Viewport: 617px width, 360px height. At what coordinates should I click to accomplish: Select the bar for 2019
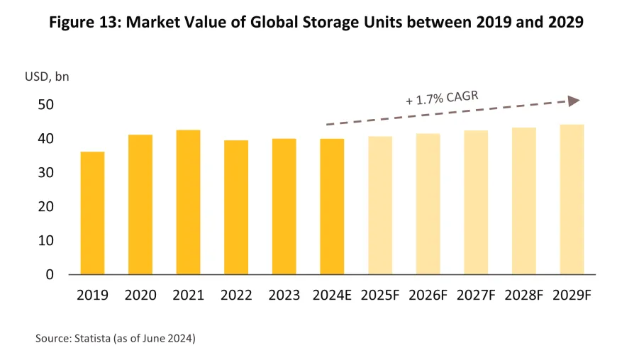pos(92,213)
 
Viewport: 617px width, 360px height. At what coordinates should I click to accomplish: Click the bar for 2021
pos(188,202)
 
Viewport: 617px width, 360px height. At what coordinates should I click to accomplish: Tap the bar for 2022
pos(236,207)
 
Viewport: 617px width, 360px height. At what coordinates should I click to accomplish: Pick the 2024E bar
pos(332,206)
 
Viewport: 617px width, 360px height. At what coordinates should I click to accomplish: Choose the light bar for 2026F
pos(428,204)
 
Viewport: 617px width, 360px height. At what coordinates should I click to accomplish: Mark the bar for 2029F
pos(572,199)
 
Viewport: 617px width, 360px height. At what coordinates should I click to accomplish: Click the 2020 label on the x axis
pos(140,296)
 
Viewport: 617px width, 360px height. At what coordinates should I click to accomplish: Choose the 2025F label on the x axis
pos(380,296)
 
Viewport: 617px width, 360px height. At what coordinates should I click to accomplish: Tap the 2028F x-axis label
pos(524,296)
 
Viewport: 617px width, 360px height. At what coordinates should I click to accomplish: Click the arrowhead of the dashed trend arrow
pos(574,101)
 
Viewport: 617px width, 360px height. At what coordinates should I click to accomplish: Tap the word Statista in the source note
pos(92,339)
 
